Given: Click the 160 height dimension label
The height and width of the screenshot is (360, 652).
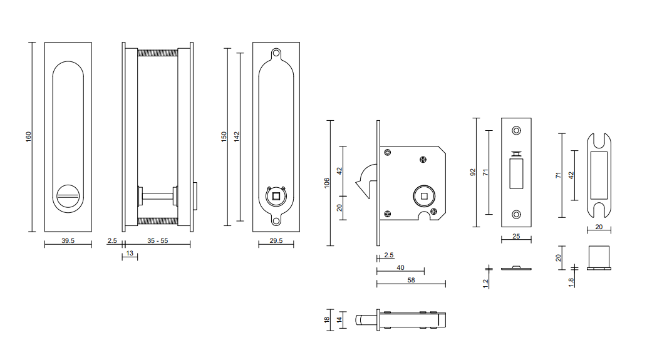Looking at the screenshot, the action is [x=28, y=136].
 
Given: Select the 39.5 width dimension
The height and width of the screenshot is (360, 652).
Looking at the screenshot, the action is [x=68, y=240].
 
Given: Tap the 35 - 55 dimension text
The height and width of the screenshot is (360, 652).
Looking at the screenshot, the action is [x=158, y=240].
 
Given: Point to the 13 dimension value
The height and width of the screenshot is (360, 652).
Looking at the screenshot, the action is [x=130, y=253].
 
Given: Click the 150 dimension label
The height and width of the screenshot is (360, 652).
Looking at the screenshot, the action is [x=224, y=136].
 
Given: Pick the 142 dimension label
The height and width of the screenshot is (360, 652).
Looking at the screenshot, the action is [x=237, y=136].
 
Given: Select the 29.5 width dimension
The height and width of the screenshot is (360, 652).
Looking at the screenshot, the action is [x=276, y=240].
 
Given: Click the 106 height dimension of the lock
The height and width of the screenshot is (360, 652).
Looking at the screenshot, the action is [x=327, y=183].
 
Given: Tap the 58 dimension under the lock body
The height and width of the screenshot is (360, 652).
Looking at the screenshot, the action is [x=411, y=280].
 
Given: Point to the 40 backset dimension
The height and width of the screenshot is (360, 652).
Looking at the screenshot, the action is [x=400, y=268].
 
